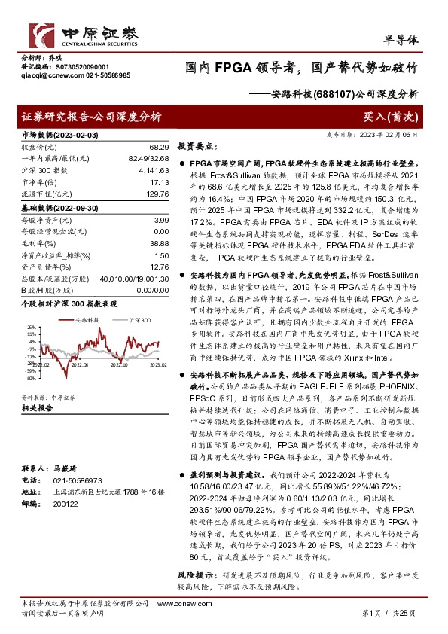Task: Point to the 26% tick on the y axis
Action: click(x=30, y=327)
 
